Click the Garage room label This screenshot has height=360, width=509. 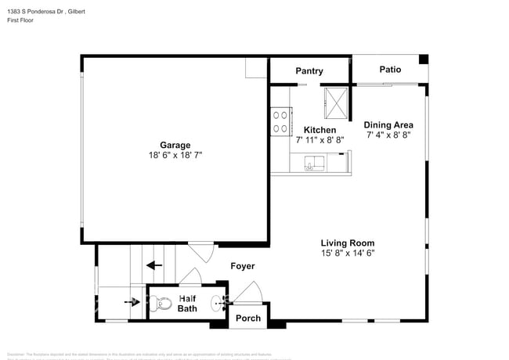click(x=175, y=145)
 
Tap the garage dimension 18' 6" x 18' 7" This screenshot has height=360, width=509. click(x=175, y=156)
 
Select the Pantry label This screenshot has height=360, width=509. click(x=309, y=71)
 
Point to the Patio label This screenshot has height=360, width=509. click(x=390, y=70)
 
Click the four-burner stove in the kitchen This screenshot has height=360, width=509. click(x=280, y=121)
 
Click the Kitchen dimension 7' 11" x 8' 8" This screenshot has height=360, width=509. click(x=319, y=141)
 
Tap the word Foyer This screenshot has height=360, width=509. click(x=242, y=266)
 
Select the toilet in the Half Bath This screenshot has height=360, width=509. click(x=161, y=302)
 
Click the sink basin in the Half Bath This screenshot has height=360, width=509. click(x=217, y=302)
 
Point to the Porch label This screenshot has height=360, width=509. click(x=248, y=318)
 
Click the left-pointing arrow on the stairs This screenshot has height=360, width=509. click(x=153, y=265)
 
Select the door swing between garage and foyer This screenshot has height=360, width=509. click(x=199, y=252)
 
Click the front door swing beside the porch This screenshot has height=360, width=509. click(x=249, y=293)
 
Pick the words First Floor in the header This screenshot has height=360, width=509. click(x=23, y=23)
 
